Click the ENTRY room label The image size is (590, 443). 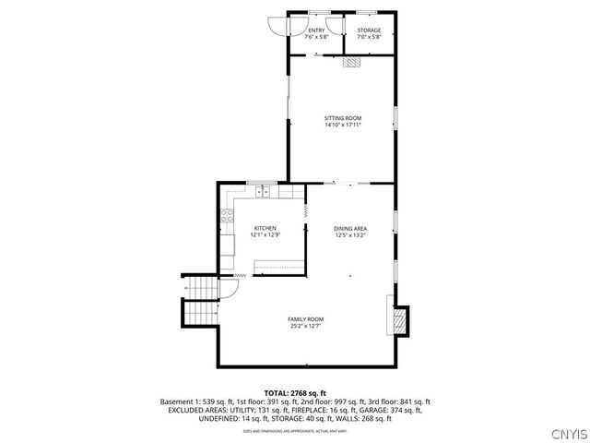(x=316, y=30)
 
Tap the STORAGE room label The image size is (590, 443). (x=369, y=30)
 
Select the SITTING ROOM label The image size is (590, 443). (x=342, y=118)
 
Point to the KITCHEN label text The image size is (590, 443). (x=265, y=228)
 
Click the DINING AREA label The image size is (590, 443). (x=350, y=228)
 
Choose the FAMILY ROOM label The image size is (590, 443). (x=305, y=319)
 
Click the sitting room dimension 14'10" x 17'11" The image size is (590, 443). (x=342, y=126)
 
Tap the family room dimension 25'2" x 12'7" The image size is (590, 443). (x=305, y=327)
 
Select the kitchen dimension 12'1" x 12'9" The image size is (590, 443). (x=265, y=235)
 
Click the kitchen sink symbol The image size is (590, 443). (x=264, y=192)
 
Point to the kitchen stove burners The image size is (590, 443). (x=225, y=218)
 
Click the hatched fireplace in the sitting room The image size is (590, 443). (x=351, y=63)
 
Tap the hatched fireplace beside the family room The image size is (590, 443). (x=399, y=320)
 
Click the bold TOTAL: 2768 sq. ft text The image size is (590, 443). (x=295, y=393)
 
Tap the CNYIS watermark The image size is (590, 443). (x=567, y=434)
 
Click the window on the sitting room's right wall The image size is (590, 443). (x=395, y=119)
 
